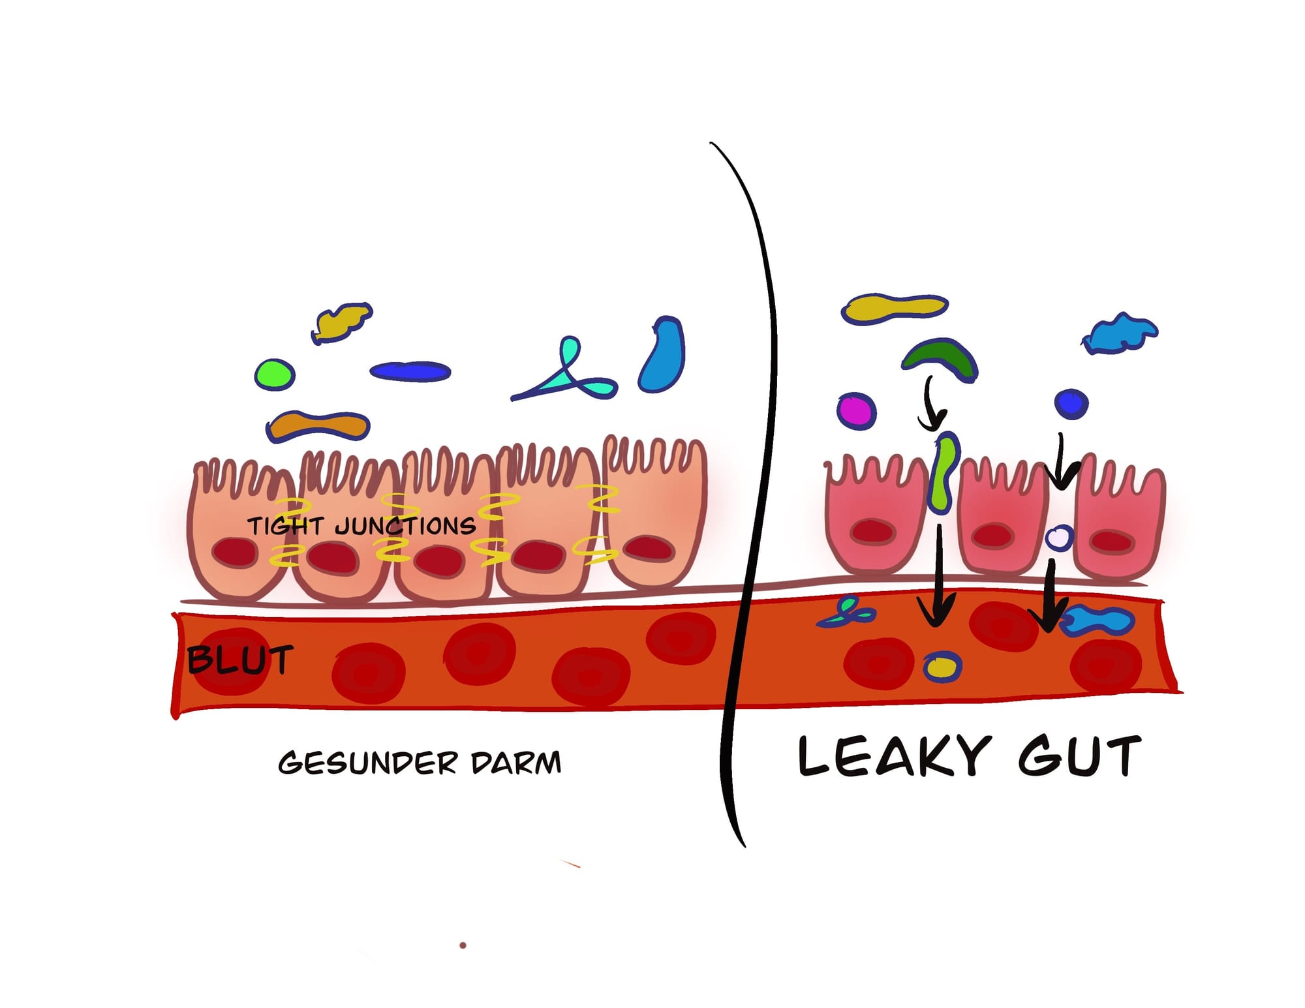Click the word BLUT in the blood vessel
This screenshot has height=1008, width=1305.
coord(239,660)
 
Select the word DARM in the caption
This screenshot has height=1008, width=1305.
coord(515,763)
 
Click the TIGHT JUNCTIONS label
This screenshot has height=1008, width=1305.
coord(361,526)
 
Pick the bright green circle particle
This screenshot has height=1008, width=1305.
coord(275,374)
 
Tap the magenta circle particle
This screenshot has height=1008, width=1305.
coord(856,410)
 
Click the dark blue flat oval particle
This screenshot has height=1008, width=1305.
coord(410,371)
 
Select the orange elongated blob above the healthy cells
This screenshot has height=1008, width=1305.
coord(318,425)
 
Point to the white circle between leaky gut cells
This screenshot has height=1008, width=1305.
coord(1058,538)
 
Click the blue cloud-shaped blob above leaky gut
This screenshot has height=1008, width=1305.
coord(1120,333)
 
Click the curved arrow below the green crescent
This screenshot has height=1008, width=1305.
coord(932,405)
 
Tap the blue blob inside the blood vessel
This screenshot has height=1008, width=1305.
coord(1099,620)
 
